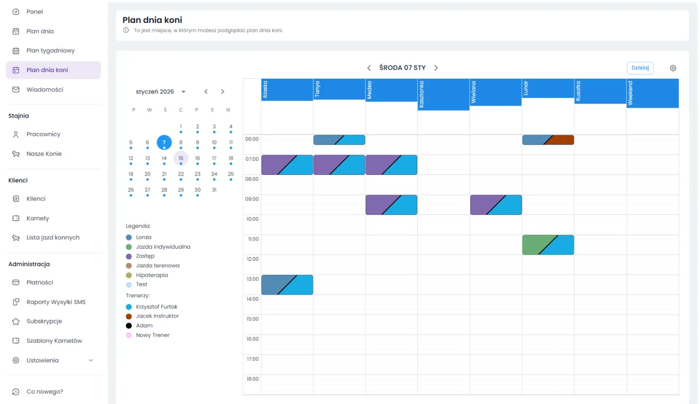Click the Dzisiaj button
(640, 68)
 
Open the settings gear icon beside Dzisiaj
(673, 68)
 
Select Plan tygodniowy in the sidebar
(50, 51)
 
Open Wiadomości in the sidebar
(45, 90)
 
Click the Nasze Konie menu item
(44, 154)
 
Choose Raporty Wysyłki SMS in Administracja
(56, 302)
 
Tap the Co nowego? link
(44, 391)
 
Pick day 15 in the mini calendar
(181, 159)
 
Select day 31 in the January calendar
(214, 190)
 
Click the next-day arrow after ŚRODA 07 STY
(436, 68)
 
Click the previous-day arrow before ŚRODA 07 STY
(369, 68)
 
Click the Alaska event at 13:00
(287, 285)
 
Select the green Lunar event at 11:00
(548, 245)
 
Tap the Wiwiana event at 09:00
(496, 205)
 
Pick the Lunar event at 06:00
(548, 140)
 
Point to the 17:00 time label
(252, 359)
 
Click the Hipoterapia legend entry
(151, 275)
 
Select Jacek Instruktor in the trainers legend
(157, 316)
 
